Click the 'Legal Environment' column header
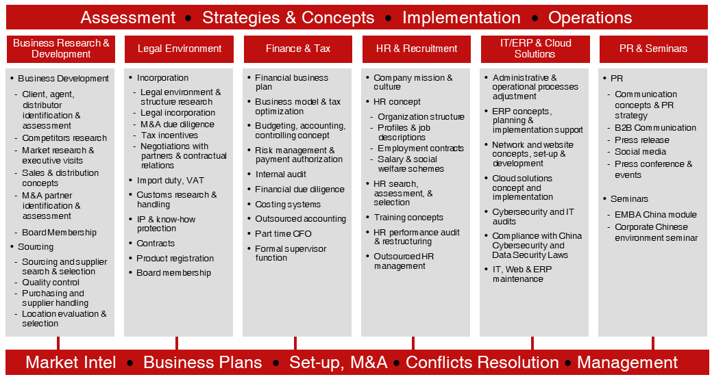pos(180,49)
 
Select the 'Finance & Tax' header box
pos(298,49)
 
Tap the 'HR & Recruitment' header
pos(417,49)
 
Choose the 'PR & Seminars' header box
pos(654,49)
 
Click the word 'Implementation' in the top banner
pos(461,18)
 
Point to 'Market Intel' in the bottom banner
pos(71,363)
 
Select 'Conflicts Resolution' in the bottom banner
pos(482,363)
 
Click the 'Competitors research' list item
pos(64,138)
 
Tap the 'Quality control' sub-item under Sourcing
pos(51,283)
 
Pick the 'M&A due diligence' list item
pos(177,124)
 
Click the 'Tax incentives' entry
pos(169,135)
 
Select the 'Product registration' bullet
pos(175,258)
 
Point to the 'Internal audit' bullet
pos(281,174)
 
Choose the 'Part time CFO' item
pos(283,234)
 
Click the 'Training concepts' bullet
pos(408,218)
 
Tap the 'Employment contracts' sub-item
pos(421,148)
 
